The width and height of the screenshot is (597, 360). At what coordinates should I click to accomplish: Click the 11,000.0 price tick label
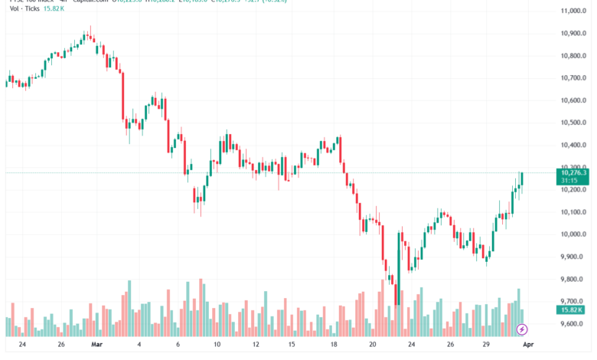573,11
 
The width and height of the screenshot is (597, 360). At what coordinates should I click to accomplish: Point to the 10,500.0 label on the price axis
573,123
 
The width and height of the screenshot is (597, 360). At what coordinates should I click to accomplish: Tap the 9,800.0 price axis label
573,280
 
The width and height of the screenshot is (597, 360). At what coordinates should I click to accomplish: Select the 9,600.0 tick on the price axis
573,324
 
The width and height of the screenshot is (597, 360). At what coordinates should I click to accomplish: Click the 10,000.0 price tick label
573,234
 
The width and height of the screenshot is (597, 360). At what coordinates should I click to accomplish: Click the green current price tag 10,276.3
573,173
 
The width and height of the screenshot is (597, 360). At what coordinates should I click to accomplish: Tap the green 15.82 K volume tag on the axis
573,309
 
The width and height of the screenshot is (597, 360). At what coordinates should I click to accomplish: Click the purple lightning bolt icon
522,329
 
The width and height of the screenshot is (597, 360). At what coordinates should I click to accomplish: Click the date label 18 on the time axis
334,345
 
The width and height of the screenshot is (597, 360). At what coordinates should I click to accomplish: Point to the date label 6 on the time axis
178,345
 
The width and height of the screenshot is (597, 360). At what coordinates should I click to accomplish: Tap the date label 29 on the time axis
486,345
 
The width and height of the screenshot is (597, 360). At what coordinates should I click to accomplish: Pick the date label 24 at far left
22,345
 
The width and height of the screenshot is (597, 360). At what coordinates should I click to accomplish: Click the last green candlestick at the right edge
522,179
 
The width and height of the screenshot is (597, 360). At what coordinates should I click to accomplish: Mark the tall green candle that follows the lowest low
399,260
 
